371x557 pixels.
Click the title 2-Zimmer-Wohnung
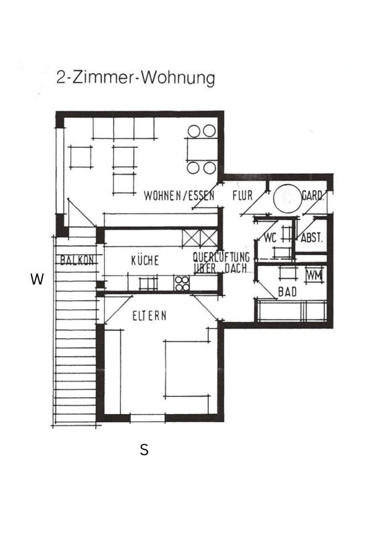pyautogui.click(x=136, y=78)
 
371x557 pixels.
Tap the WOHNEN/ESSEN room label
pyautogui.click(x=179, y=197)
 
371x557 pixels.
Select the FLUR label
pyautogui.click(x=242, y=197)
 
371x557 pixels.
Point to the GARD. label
pyautogui.click(x=313, y=197)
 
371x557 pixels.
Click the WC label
pyautogui.click(x=271, y=238)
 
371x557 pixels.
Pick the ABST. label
pyautogui.click(x=312, y=238)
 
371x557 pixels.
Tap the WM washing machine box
pyautogui.click(x=314, y=275)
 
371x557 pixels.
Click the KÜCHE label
pyautogui.click(x=145, y=260)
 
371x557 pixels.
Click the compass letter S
pyautogui.click(x=144, y=450)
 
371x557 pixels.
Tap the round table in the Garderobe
pyautogui.click(x=286, y=199)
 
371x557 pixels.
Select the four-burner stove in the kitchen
pyautogui.click(x=182, y=283)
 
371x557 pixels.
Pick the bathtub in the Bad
pyautogui.click(x=292, y=311)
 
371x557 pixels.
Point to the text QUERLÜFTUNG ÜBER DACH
pyautogui.click(x=221, y=262)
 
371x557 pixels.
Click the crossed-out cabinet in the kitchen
pyautogui.click(x=201, y=238)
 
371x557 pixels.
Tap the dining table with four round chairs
pyautogui.click(x=201, y=149)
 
